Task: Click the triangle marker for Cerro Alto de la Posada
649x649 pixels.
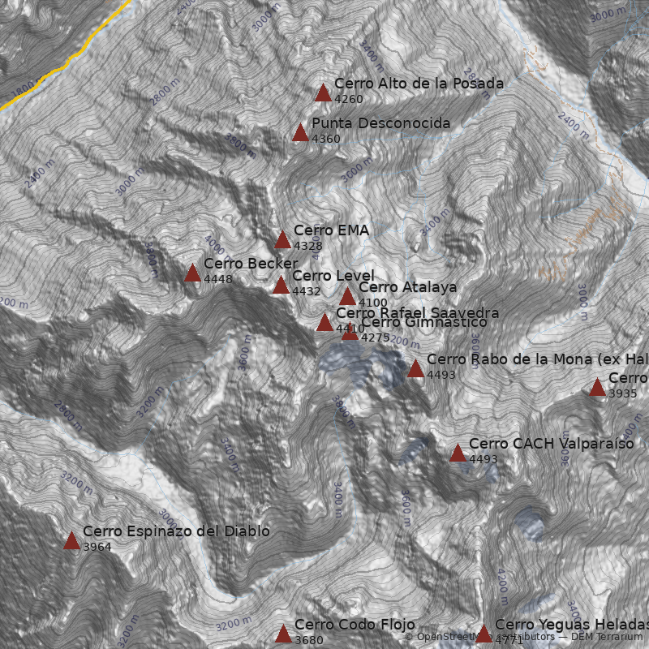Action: coord(323,92)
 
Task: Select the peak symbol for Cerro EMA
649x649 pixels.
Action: coord(282,239)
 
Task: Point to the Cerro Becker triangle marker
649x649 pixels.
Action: coord(192,273)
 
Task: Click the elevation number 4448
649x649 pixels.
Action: coord(218,280)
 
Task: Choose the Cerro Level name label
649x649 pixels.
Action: coord(333,276)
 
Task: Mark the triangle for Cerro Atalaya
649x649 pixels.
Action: coord(347,296)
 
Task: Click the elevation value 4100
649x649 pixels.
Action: coord(372,303)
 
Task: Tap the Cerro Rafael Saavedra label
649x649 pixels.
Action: coord(417,312)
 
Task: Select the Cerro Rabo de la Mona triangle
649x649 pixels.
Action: coord(415,368)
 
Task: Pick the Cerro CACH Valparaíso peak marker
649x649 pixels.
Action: coord(458,453)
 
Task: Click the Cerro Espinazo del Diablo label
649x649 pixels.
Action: coord(176,531)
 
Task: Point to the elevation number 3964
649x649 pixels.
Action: coord(97,548)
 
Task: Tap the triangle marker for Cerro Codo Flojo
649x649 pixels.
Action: coord(283,634)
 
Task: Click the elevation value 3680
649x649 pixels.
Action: coord(309,640)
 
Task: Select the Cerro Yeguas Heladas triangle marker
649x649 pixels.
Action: coord(484,634)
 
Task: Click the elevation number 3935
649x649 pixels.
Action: coord(622,393)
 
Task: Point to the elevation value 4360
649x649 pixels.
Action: coord(326,139)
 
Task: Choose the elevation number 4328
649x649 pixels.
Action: coord(308,246)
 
